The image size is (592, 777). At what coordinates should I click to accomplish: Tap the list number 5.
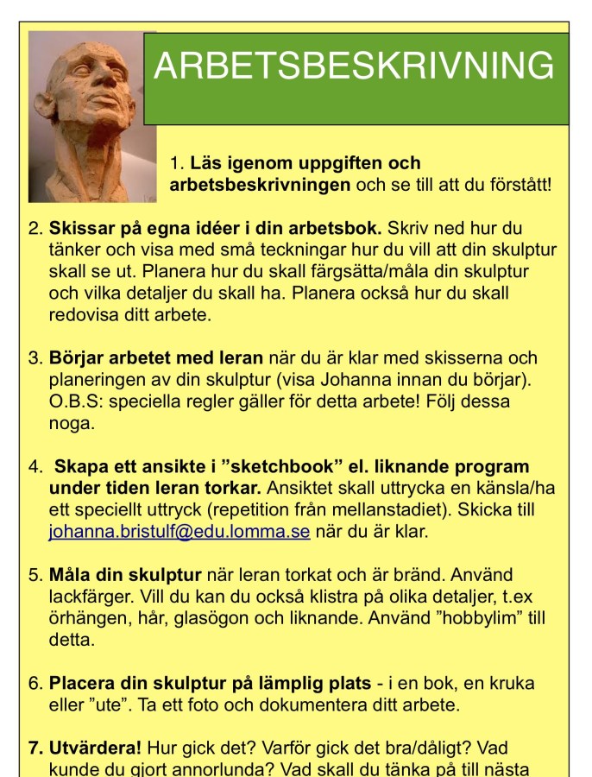pyautogui.click(x=35, y=575)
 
